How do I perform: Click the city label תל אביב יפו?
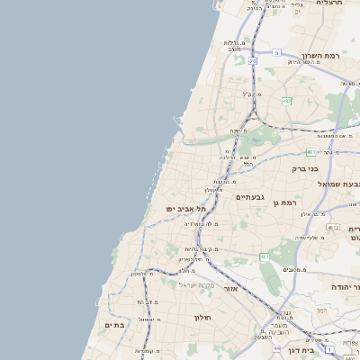pos(186,208)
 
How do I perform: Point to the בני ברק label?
pos(305,168)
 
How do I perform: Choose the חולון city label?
pos(201,317)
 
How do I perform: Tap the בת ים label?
pos(114,325)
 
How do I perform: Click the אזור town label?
pos(229,289)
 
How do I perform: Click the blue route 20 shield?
pos(253,61)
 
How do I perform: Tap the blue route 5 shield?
pos(276,53)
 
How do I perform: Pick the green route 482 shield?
pos(286,101)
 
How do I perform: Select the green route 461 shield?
pos(265,257)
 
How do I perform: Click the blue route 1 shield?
pos(330,348)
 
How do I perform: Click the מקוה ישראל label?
pos(195,284)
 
